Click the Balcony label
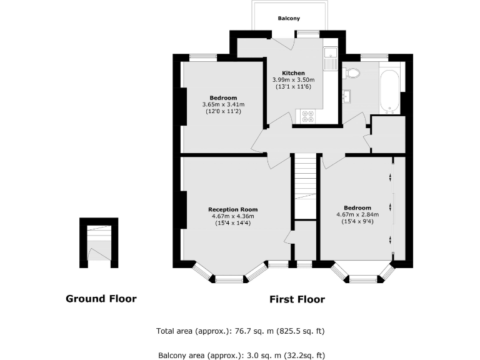[288, 19]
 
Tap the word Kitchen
[292, 73]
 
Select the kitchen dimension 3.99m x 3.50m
[292, 80]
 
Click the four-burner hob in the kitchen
[308, 116]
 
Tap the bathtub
[390, 91]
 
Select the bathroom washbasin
[347, 96]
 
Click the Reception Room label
[232, 209]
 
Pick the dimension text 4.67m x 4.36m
[232, 216]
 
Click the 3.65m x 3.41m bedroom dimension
[223, 104]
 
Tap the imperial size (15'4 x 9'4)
[357, 221]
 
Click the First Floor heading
[297, 299]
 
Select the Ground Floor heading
[101, 299]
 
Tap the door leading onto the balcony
[284, 43]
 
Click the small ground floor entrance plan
[99, 243]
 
